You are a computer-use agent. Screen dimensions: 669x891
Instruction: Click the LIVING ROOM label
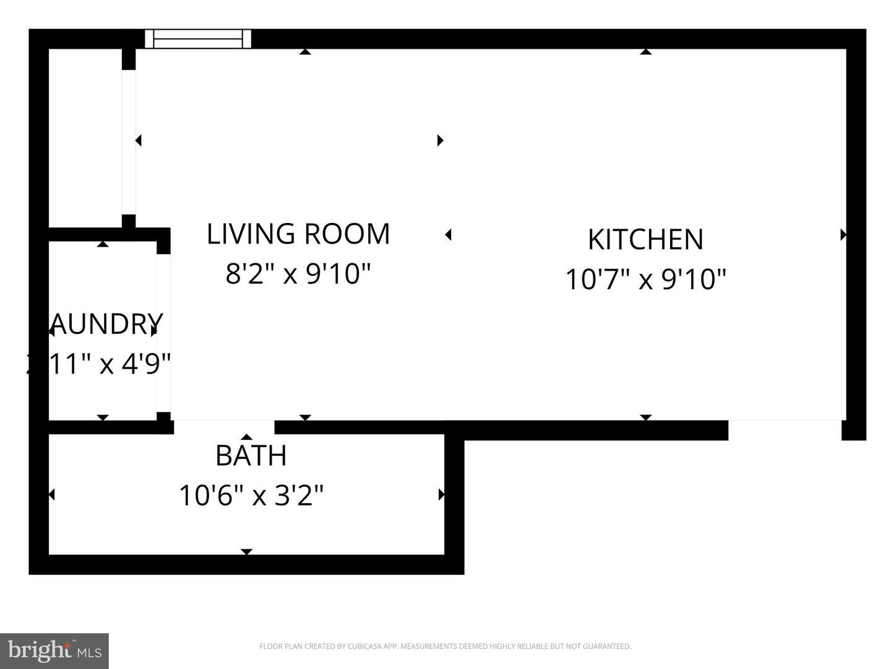point(298,234)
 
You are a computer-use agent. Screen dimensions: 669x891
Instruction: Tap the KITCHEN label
point(645,240)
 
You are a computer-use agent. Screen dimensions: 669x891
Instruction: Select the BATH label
point(251,456)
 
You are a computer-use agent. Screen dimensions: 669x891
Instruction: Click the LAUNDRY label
point(105,323)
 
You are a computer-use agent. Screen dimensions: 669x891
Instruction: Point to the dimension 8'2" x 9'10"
point(298,273)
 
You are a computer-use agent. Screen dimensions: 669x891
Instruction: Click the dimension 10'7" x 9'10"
point(645,279)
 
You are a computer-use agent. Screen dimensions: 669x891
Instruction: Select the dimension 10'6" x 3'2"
point(251,496)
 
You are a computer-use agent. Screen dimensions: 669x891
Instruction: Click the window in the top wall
point(198,38)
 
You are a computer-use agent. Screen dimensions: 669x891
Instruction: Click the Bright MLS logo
point(54,650)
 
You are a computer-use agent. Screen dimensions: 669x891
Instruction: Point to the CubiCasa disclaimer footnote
point(445,646)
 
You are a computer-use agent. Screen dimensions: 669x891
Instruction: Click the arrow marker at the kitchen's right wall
point(843,235)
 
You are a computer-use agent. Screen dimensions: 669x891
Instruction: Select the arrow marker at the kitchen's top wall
point(645,52)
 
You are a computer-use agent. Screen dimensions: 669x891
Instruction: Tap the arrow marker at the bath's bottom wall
point(246,551)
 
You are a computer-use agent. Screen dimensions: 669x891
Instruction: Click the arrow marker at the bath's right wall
point(441,494)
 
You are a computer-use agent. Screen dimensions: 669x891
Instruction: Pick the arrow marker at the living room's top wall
point(304,52)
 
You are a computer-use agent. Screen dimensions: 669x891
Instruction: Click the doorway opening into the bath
point(224,426)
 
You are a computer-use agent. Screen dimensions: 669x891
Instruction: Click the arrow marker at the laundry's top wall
point(103,244)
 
